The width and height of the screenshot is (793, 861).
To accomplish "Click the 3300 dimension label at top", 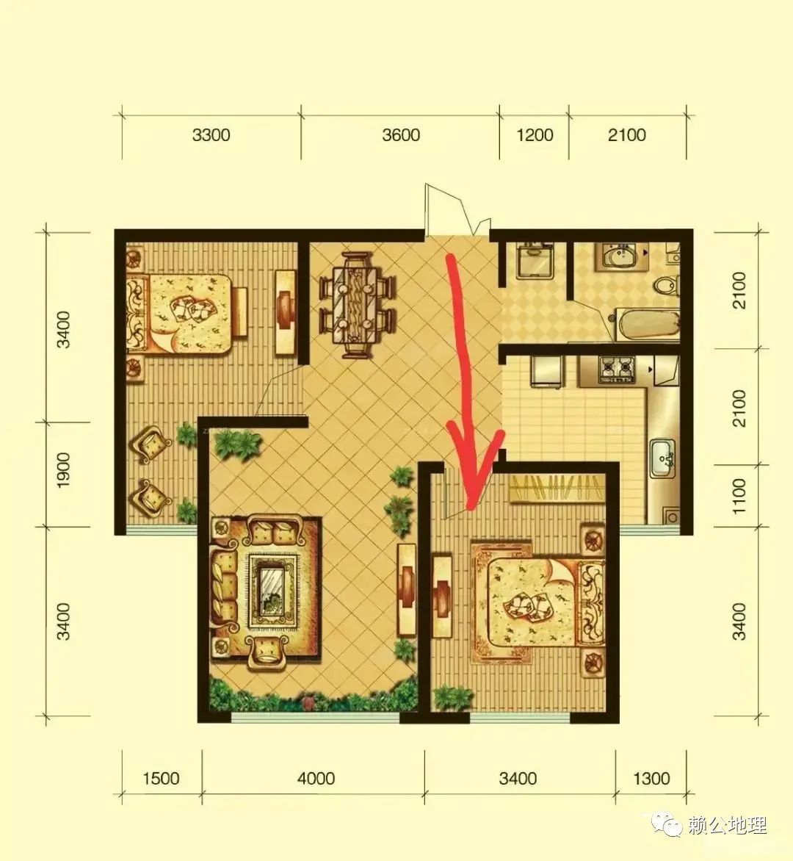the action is (x=211, y=135).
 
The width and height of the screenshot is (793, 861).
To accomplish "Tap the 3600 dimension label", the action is (x=401, y=135).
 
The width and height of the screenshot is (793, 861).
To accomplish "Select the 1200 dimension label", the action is (x=535, y=135).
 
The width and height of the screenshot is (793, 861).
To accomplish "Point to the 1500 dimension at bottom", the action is (x=161, y=779).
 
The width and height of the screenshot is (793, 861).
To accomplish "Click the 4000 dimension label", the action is (x=316, y=779).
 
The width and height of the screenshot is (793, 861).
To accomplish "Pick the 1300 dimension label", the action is (x=651, y=779).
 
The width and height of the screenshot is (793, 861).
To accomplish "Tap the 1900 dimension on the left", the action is (x=64, y=470).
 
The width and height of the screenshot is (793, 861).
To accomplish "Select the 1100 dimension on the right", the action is (x=739, y=497).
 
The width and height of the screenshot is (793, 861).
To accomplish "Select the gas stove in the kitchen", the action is (x=616, y=369).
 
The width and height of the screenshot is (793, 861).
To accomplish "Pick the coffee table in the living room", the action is (x=272, y=591).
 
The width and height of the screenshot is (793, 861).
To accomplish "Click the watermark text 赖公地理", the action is (x=727, y=825).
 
